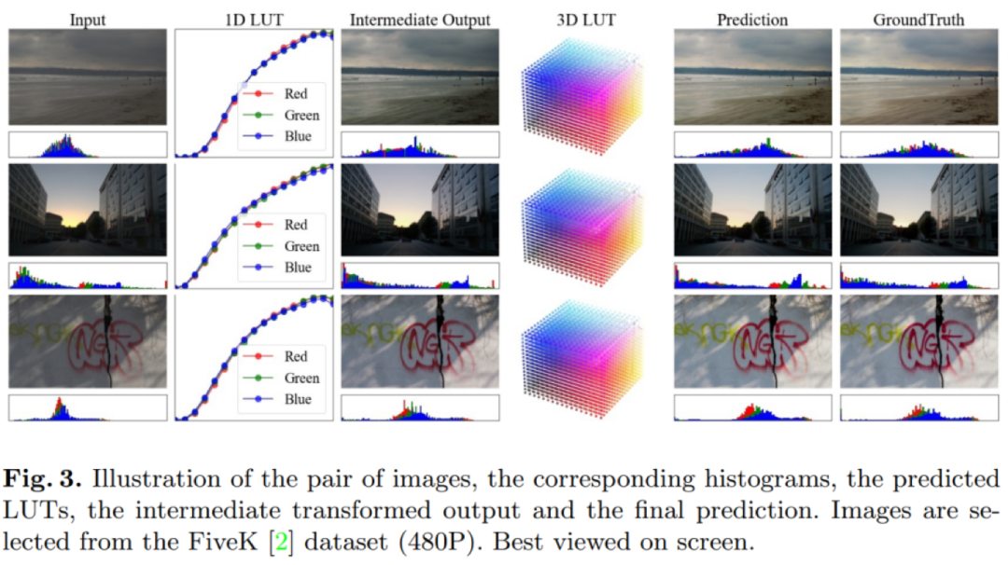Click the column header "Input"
pos(88,18)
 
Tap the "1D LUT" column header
pos(256,18)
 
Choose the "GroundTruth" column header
pos(919,18)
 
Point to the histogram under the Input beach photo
pos(88,145)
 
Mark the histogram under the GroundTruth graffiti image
pos(919,407)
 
